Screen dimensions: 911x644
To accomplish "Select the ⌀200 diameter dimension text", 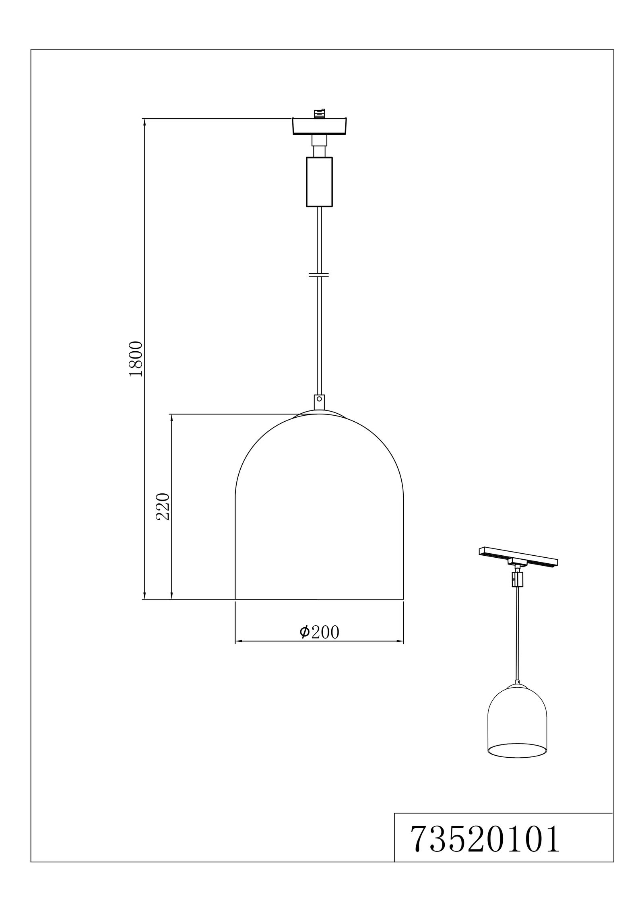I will pyautogui.click(x=319, y=632).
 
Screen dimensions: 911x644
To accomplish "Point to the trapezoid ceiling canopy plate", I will pyautogui.click(x=319, y=126).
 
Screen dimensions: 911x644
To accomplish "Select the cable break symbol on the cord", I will pyautogui.click(x=319, y=275).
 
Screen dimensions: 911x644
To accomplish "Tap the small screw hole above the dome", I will pyautogui.click(x=319, y=400).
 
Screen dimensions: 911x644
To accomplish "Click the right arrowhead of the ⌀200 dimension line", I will pyautogui.click(x=400, y=641).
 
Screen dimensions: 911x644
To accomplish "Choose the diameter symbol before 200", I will pyautogui.click(x=304, y=632).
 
